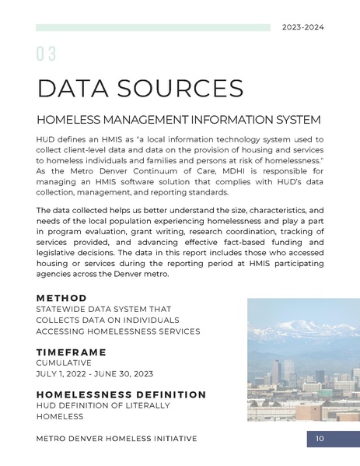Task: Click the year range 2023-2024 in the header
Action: click(x=302, y=27)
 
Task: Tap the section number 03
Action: click(x=46, y=54)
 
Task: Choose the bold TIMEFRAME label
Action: click(x=71, y=352)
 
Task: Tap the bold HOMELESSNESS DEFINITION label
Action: click(x=121, y=394)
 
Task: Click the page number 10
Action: click(x=320, y=440)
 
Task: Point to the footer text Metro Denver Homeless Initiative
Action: click(x=117, y=440)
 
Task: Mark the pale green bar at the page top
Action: click(x=152, y=27)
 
